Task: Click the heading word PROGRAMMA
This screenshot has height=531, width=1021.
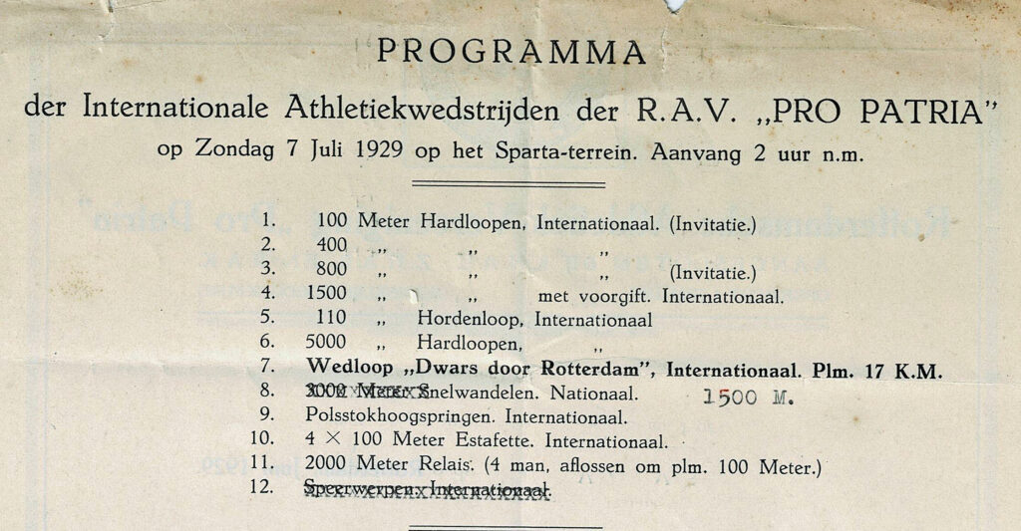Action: (x=510, y=51)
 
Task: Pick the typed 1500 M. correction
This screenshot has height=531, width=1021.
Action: (x=745, y=396)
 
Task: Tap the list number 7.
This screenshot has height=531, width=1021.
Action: (x=266, y=370)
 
